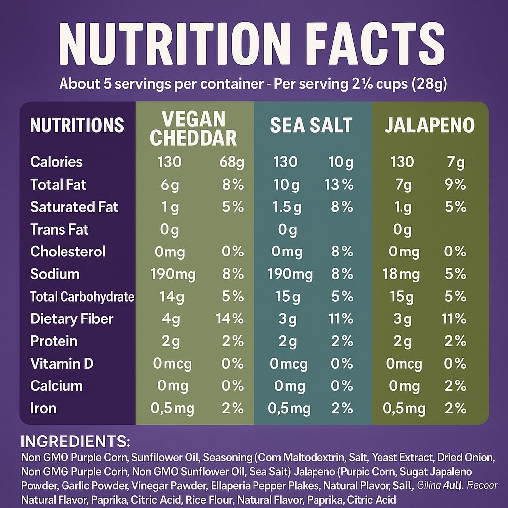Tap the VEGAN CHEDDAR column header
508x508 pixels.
click(193, 128)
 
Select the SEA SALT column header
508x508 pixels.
click(311, 126)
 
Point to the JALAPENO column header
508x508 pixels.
click(430, 126)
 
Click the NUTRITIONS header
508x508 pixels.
click(77, 125)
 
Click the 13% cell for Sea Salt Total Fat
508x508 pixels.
click(339, 185)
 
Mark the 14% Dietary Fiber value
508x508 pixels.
click(229, 319)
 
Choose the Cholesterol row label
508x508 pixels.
click(67, 252)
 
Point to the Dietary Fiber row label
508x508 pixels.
click(71, 318)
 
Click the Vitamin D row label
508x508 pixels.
click(62, 364)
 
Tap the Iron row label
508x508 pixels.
click(43, 408)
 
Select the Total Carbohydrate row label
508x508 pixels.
click(82, 297)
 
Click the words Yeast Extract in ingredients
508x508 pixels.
click(402, 457)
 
